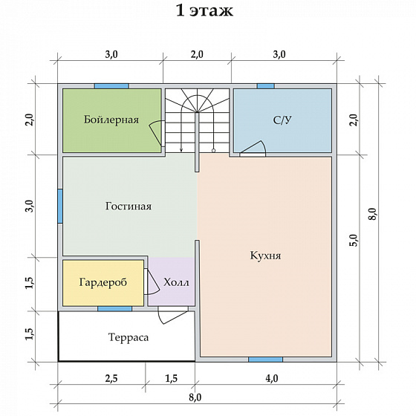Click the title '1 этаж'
(x=204, y=11)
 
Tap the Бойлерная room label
(x=111, y=120)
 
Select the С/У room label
(x=282, y=120)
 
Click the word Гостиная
(x=129, y=207)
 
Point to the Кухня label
(x=265, y=256)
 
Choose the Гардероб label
(x=103, y=282)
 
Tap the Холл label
(x=176, y=282)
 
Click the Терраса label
(x=129, y=337)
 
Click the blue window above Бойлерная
(x=111, y=86)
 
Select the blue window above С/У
(x=266, y=86)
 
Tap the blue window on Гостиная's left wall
(x=60, y=206)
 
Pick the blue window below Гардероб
(x=114, y=308)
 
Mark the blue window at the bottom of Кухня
(x=266, y=360)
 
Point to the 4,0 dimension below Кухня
(x=272, y=378)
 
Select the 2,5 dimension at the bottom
(x=111, y=378)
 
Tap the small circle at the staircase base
(x=214, y=151)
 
